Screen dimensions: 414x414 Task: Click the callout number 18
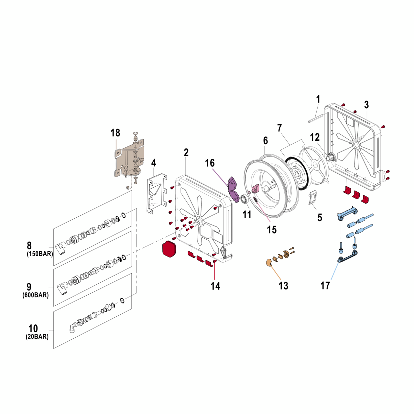pos(115,133)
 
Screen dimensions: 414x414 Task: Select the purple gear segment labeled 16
pos(233,191)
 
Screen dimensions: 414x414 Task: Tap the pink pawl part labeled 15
pos(256,188)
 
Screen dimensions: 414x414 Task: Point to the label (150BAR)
pos(40,254)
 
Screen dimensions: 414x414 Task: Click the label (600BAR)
pos(36,295)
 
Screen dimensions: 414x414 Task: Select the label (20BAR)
pos(37,337)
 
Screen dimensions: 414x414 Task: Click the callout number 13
pos(283,286)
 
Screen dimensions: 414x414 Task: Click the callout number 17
pos(325,286)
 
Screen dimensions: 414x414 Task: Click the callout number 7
pos(279,128)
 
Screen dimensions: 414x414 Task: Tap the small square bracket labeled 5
pos(313,198)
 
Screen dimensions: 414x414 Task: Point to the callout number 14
pos(215,286)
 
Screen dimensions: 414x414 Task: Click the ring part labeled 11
pos(244,199)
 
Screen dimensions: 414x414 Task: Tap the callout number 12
pos(315,137)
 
